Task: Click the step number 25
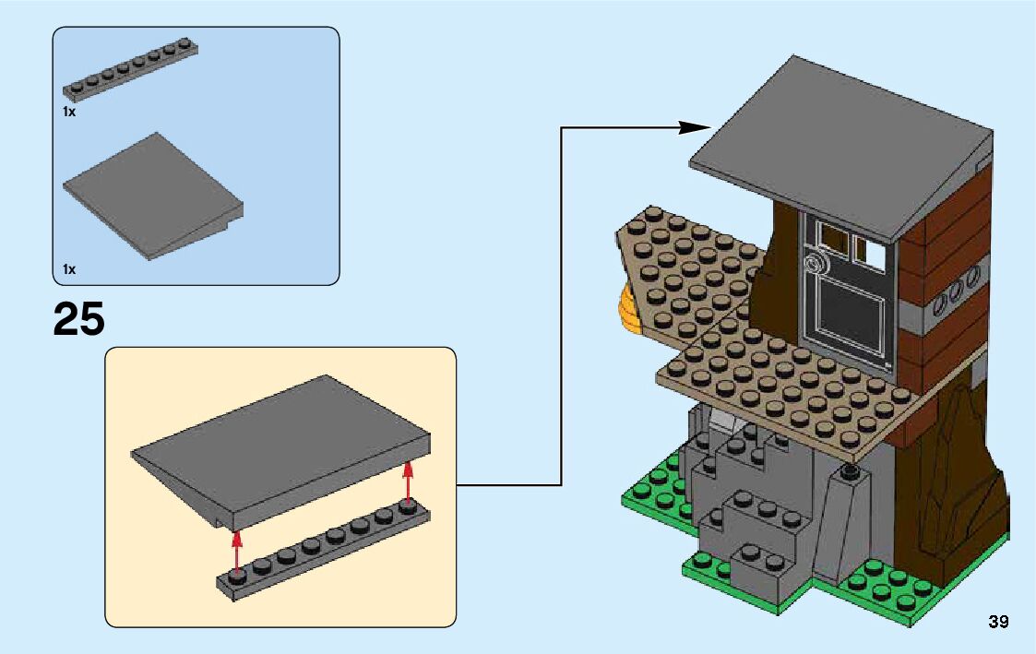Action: [78, 319]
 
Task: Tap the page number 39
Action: [998, 622]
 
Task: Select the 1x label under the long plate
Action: [69, 112]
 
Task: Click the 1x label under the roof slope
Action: [69, 269]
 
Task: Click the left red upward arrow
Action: [237, 550]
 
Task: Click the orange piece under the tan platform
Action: [630, 309]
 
